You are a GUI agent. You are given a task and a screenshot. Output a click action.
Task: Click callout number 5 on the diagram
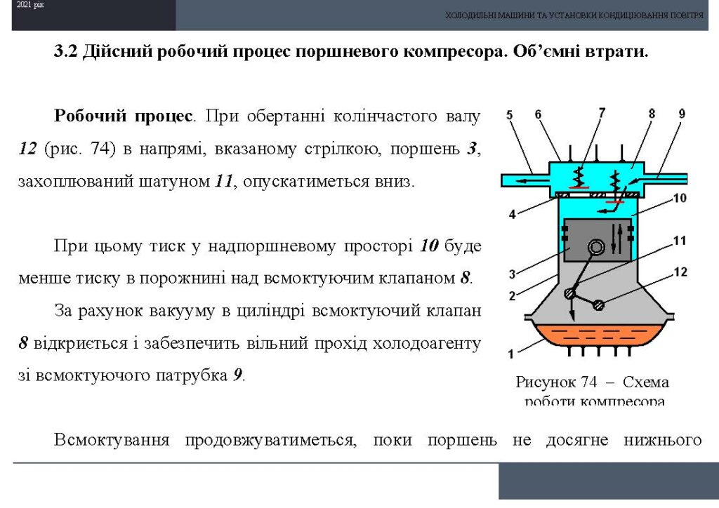[510, 114]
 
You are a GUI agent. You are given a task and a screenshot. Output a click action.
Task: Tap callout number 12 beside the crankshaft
[680, 272]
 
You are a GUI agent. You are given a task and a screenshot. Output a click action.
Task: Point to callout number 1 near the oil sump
[511, 354]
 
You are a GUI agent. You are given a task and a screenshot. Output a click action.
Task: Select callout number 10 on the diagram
[680, 198]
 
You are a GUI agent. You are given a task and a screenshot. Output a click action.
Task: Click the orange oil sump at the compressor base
[598, 336]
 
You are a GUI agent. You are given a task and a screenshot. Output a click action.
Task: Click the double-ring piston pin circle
[596, 248]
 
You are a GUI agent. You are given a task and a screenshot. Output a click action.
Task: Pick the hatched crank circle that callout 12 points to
[598, 305]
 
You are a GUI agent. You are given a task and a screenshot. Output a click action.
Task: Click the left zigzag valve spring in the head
[579, 175]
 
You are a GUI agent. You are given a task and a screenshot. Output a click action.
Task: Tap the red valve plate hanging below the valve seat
[614, 201]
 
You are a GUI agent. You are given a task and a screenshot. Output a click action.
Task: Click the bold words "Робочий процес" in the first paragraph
[123, 116]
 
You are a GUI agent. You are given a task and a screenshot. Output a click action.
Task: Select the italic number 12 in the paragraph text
[28, 149]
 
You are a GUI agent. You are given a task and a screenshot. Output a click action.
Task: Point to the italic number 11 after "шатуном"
[224, 182]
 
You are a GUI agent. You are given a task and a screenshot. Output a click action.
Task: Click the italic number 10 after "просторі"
[429, 246]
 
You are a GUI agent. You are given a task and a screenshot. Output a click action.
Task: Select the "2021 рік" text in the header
[30, 6]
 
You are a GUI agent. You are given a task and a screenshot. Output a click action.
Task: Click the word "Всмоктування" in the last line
[112, 440]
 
